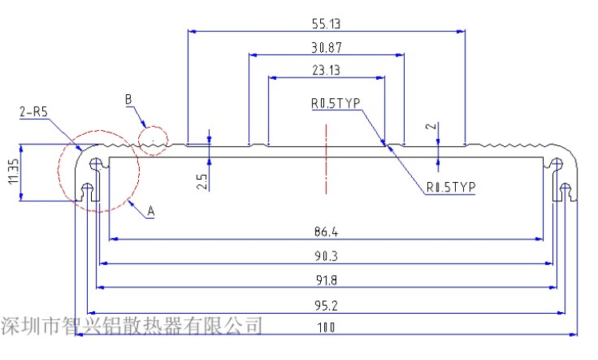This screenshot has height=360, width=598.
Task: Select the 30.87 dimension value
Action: (326, 47)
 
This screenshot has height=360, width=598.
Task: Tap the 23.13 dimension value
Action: (326, 70)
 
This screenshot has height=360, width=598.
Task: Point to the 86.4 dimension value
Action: (326, 232)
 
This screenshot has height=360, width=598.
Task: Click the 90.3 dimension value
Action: (326, 256)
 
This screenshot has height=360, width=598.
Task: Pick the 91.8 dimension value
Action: (326, 280)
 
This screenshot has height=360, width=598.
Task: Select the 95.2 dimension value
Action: (326, 304)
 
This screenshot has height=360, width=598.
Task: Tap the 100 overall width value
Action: (326, 327)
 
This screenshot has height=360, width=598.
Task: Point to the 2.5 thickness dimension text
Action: (203, 181)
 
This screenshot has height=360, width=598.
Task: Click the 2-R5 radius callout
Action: (34, 113)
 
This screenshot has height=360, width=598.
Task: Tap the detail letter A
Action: (151, 212)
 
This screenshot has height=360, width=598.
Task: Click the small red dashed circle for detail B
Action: (153, 140)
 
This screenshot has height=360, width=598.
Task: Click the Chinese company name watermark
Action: (132, 326)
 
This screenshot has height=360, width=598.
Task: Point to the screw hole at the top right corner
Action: (556, 164)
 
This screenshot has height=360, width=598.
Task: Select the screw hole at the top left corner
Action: (96, 164)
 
